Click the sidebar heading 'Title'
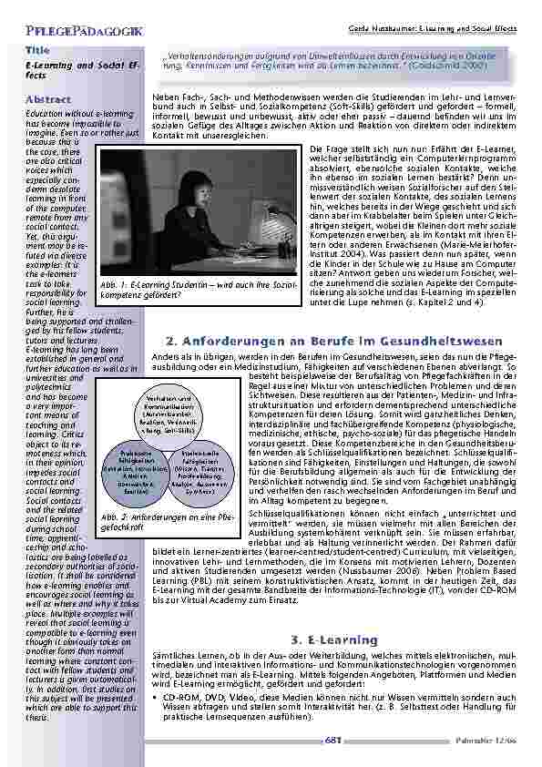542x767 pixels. pyautogui.click(x=37, y=50)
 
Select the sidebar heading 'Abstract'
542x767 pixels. pyautogui.click(x=48, y=98)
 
